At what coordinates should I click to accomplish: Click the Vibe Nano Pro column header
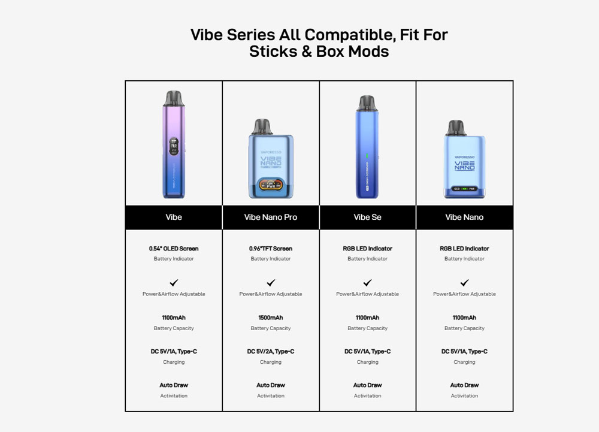[x=271, y=217]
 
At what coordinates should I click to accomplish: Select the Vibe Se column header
[x=368, y=217]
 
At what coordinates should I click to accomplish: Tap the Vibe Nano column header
[x=464, y=217]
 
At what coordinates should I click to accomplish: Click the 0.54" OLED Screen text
[x=174, y=249]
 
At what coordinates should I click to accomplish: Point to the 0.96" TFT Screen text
[x=271, y=249]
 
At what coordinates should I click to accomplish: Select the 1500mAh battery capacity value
[x=271, y=318]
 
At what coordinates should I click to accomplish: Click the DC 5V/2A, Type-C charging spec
[x=271, y=351]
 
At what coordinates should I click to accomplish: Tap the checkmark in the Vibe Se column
[x=368, y=283]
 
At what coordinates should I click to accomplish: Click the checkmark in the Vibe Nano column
[x=465, y=283]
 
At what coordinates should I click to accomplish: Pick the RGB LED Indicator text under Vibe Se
[x=368, y=249]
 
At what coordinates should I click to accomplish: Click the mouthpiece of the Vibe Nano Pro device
[x=262, y=127]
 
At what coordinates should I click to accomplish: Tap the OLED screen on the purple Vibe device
[x=174, y=147]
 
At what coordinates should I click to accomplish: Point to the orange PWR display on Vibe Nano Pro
[x=271, y=185]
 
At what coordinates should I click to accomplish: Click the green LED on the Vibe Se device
[x=367, y=156]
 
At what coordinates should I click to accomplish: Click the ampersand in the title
[x=307, y=52]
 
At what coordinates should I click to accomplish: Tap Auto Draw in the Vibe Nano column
[x=465, y=385]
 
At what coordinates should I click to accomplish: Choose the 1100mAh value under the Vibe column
[x=174, y=318]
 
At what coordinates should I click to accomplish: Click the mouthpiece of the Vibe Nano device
[x=456, y=128]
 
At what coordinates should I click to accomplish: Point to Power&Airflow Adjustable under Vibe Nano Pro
[x=271, y=294]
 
